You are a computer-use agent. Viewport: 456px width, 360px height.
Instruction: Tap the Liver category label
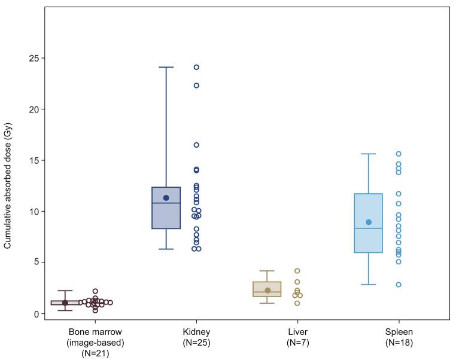pos(297,337)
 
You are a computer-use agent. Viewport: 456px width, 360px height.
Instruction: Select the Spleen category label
pos(399,337)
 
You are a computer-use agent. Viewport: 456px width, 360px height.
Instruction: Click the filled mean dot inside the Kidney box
pos(166,198)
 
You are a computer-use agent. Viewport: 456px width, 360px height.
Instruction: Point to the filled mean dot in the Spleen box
pos(369,222)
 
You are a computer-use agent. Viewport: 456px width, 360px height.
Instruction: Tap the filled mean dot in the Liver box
pos(267,291)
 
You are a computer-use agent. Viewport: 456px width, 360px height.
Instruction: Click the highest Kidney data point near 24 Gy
pos(196,68)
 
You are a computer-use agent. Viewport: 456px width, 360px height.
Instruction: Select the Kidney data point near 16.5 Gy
pos(196,145)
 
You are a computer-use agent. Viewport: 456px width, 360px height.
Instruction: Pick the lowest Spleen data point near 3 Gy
pos(399,285)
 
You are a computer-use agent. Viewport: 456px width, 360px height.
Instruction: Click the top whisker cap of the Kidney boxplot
pos(166,68)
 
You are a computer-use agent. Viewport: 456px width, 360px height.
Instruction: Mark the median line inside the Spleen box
pos(369,228)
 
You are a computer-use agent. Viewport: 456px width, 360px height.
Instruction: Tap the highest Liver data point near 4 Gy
pos(297,271)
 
